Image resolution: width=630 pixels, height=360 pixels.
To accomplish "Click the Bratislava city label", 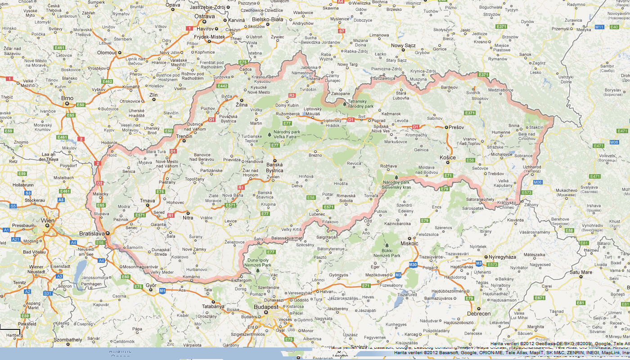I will point(92,234).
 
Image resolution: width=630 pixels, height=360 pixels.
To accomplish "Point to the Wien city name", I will point(48,220).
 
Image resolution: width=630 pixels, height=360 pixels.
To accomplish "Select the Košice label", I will point(447,157).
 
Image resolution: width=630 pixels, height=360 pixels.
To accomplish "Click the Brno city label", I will point(67,98).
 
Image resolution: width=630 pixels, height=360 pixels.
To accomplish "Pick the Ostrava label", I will point(204,16).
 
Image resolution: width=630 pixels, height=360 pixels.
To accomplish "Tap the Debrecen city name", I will point(466,314).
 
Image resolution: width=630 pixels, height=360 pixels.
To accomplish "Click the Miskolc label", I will point(409,243).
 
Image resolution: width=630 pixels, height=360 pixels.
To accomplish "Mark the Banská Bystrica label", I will point(274,168).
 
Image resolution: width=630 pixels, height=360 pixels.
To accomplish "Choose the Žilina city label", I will point(242,104).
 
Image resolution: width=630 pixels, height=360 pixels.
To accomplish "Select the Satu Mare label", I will point(580,272).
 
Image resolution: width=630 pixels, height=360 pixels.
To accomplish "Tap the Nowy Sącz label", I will point(403,45).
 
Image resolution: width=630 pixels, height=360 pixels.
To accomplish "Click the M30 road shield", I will point(414,264).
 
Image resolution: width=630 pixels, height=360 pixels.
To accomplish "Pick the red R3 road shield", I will point(292,95).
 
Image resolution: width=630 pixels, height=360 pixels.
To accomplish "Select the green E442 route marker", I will point(222,86).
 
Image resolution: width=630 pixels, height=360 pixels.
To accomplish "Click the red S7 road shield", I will point(342,31).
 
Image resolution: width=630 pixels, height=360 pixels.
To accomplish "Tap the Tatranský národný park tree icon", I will point(344,104).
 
